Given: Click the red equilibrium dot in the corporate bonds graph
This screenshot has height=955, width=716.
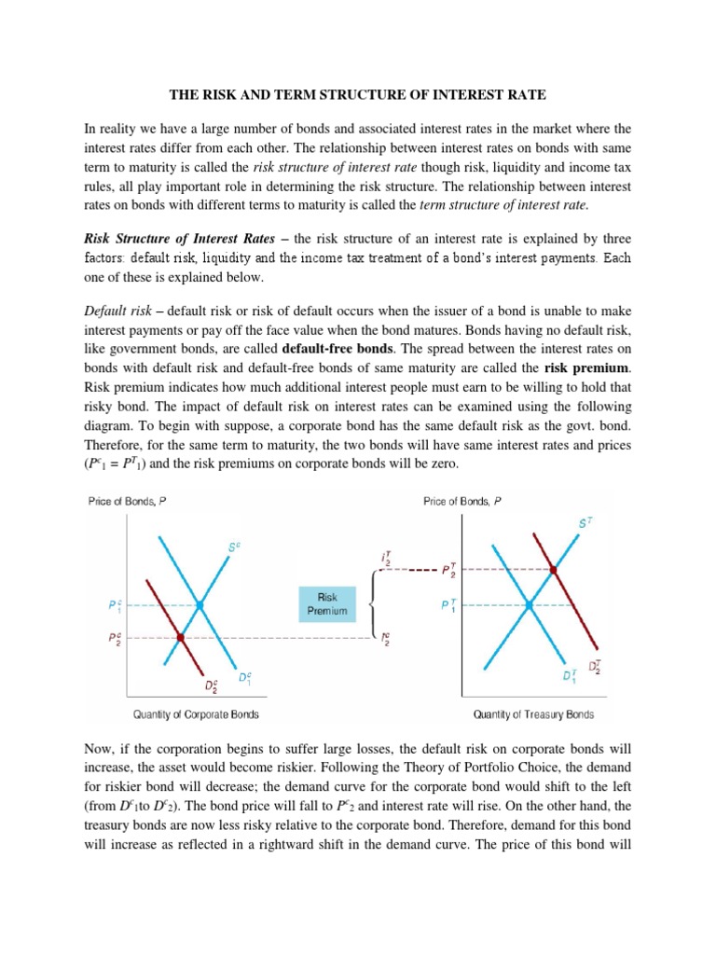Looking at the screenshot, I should pyautogui.click(x=181, y=638).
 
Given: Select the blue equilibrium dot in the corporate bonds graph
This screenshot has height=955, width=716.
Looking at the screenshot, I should pyautogui.click(x=200, y=605).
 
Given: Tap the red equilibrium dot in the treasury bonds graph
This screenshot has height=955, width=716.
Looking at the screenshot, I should pyautogui.click(x=554, y=569).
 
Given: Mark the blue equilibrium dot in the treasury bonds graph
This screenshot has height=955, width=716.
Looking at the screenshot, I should pyautogui.click(x=530, y=604).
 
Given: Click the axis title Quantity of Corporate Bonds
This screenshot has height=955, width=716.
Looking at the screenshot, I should pyautogui.click(x=196, y=714).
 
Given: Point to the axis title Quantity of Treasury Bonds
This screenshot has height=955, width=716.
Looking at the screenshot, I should pyautogui.click(x=533, y=714).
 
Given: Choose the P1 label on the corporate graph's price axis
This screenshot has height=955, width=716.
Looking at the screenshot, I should pyautogui.click(x=114, y=605).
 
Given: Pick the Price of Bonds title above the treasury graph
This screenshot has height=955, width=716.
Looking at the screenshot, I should pyautogui.click(x=462, y=501).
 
